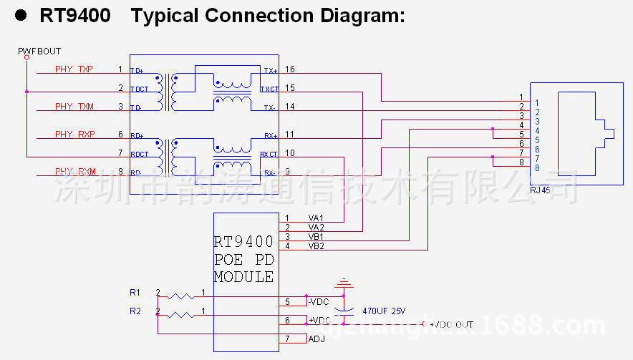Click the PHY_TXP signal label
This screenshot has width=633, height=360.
point(74,69)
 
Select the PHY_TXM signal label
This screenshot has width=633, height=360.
point(74,106)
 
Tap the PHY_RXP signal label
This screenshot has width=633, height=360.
point(74,134)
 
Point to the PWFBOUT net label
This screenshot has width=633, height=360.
point(39,52)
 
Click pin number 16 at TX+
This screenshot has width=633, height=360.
point(289,69)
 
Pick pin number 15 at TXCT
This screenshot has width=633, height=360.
point(289,88)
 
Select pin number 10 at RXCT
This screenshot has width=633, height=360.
point(289,152)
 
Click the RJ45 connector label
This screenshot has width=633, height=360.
point(540,190)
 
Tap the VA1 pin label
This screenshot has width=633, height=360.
point(316,218)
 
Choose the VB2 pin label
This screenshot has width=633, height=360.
point(316,246)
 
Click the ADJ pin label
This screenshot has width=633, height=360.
point(316,339)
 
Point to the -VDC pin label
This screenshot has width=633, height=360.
point(318,302)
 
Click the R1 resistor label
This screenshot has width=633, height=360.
point(135,293)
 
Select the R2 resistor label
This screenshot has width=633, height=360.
point(135,311)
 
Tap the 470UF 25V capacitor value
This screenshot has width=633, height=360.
point(384,311)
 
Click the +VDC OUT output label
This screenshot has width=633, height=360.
point(451,325)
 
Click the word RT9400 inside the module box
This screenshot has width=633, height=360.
point(243,242)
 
